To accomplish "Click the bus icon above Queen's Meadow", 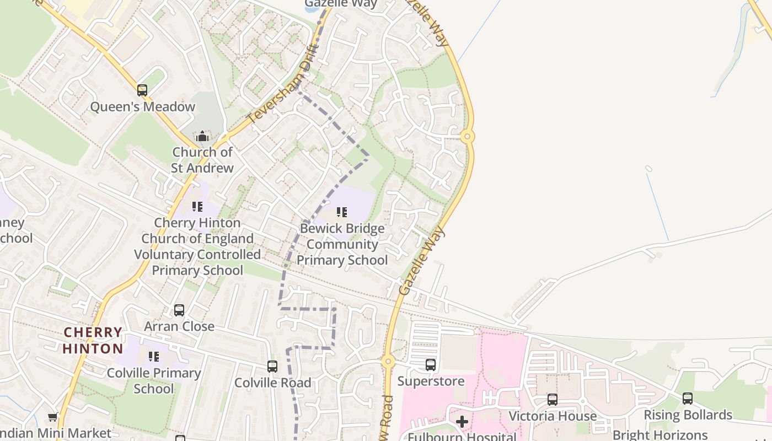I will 142,90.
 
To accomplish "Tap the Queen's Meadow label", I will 142,107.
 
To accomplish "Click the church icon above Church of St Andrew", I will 202,136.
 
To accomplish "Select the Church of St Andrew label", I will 202,160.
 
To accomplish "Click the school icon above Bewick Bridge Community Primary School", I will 342,212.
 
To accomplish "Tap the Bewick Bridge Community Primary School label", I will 342,244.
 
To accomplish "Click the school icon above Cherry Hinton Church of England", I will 197,207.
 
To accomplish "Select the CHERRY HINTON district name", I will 93,341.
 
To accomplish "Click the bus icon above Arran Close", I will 179,310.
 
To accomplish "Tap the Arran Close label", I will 179,326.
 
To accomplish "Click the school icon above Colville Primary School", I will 154,357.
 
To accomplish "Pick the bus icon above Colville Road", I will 272,366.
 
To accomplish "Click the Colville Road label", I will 272,383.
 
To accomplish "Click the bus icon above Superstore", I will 431,364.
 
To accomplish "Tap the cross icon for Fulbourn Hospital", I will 462,422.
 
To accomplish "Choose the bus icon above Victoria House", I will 553,400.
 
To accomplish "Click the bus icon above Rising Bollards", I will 688,398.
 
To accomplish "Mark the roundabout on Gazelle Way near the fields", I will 468,136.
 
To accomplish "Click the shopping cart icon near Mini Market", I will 52,417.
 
